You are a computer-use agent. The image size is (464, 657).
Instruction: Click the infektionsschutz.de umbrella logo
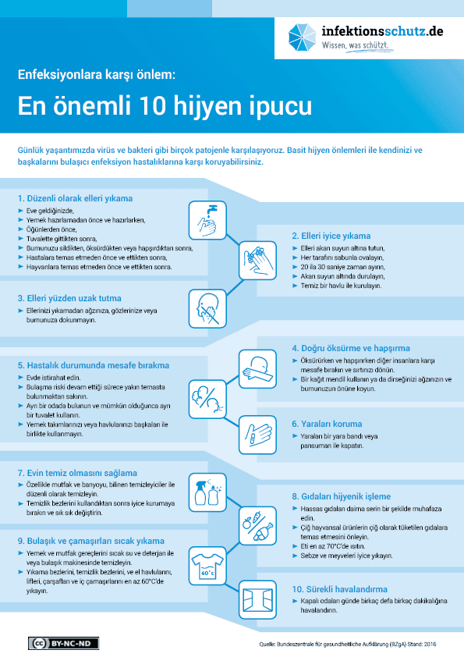pyautogui.click(x=302, y=37)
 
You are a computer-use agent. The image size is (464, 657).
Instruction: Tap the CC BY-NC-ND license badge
pyautogui.click(x=64, y=643)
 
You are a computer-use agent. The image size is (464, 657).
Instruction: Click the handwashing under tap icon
pyautogui.click(x=207, y=220)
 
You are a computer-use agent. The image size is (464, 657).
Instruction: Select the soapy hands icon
pyautogui.click(x=257, y=260)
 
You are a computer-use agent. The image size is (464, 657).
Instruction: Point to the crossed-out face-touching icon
pyautogui.click(x=207, y=308)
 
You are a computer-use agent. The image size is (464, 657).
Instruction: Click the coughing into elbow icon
pyautogui.click(x=257, y=369)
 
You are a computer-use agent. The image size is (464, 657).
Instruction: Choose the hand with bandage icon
pyautogui.click(x=257, y=435)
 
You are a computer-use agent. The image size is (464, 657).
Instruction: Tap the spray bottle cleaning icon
pyautogui.click(x=207, y=492)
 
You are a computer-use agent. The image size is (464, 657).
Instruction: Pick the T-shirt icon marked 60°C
pyautogui.click(x=207, y=566)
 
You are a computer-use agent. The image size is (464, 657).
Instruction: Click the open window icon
pyautogui.click(x=257, y=599)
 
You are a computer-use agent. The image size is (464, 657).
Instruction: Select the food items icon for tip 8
pyautogui.click(x=257, y=525)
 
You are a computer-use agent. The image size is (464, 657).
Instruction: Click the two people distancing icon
pyautogui.click(x=207, y=400)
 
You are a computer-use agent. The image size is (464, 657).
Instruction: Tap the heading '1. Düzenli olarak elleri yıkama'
pyautogui.click(x=75, y=199)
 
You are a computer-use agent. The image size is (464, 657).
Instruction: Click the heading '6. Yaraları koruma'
pyautogui.click(x=327, y=424)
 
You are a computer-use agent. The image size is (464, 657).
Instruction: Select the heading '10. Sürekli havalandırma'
pyautogui.click(x=339, y=589)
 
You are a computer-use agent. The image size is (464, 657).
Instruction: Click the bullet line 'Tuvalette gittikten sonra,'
pyautogui.click(x=62, y=239)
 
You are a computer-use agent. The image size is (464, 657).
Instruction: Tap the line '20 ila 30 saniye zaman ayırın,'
pyautogui.click(x=342, y=267)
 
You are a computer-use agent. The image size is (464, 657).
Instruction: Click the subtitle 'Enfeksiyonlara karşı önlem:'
pyautogui.click(x=97, y=75)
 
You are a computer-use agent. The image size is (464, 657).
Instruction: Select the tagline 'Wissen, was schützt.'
pyautogui.click(x=355, y=45)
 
